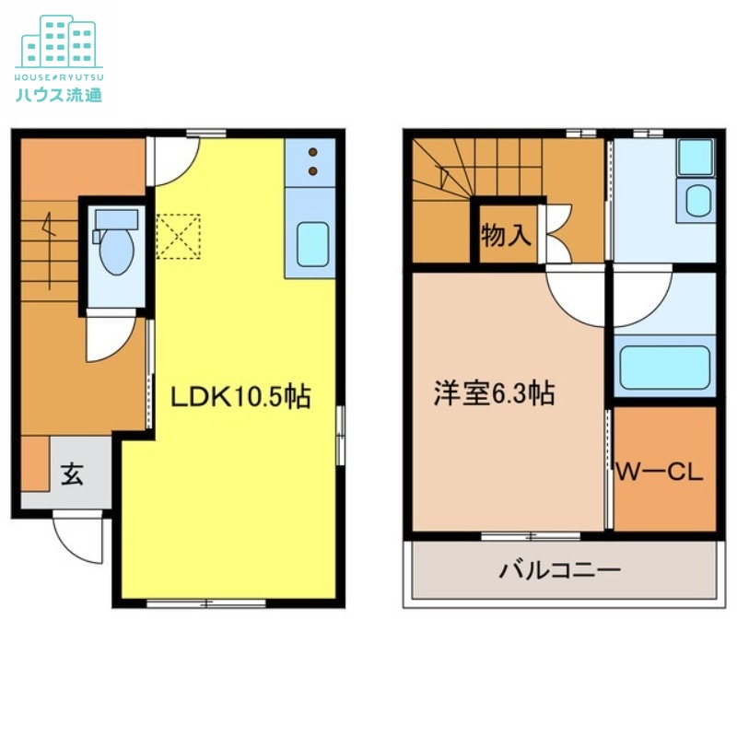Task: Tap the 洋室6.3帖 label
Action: tap(494, 394)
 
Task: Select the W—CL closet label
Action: tap(659, 474)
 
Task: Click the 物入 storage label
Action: tap(506, 235)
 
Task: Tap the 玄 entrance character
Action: tap(71, 475)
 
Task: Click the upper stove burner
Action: tap(312, 152)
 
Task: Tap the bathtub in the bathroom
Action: tap(663, 367)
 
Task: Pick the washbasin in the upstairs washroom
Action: tap(698, 201)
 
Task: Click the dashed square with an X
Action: tap(178, 236)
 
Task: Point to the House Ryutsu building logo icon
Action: tap(58, 41)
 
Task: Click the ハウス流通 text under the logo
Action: tap(58, 94)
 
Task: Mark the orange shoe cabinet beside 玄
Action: tap(35, 464)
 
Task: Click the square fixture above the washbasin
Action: tap(695, 157)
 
